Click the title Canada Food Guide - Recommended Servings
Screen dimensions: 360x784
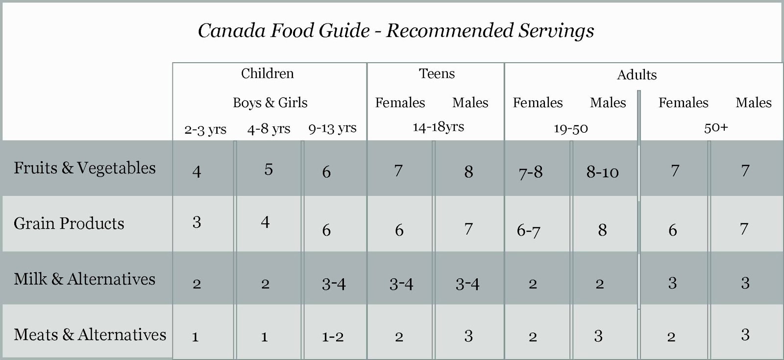point(395,31)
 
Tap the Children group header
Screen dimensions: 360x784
point(267,73)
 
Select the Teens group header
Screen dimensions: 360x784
point(437,73)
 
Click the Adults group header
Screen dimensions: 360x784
point(637,75)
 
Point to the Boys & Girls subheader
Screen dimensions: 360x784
point(270,103)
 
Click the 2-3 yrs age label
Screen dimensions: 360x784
point(205,129)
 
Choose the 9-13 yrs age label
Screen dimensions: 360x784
point(332,128)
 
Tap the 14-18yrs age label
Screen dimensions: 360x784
point(438,127)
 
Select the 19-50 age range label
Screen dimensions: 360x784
point(570,129)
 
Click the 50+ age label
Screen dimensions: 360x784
point(716,128)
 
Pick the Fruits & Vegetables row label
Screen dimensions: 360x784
point(85,168)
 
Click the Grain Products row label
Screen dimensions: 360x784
point(69,223)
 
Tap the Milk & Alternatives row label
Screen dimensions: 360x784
point(85,279)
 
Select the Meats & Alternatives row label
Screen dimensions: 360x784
point(90,335)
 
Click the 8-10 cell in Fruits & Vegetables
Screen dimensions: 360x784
point(602,172)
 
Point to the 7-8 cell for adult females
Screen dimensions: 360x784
point(530,172)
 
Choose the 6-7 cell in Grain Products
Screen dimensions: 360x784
point(528,230)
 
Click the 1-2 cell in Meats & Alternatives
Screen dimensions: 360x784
point(333,337)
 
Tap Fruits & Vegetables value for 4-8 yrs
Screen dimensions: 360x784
point(269,169)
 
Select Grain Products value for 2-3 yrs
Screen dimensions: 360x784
point(196,222)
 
